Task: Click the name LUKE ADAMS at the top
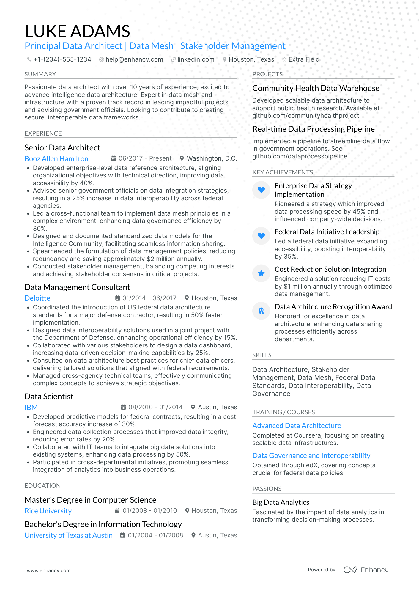(77, 31)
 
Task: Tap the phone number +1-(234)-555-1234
(62, 59)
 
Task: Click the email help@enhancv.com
(134, 59)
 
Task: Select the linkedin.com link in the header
(196, 59)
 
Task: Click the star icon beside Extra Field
(284, 59)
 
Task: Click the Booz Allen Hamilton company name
(56, 159)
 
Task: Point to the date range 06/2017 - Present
(145, 158)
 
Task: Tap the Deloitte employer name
(37, 298)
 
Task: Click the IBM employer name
(31, 408)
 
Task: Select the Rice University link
(48, 511)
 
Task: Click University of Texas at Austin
(69, 535)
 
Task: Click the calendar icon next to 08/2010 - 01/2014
(123, 407)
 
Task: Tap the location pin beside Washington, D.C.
(182, 158)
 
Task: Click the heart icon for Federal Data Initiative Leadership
(261, 236)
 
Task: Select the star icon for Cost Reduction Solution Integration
(261, 273)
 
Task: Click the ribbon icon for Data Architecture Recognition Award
(261, 311)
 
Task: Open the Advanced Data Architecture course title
(297, 426)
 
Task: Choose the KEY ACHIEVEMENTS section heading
(283, 172)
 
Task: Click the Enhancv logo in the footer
(366, 570)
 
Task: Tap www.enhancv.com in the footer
(49, 570)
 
